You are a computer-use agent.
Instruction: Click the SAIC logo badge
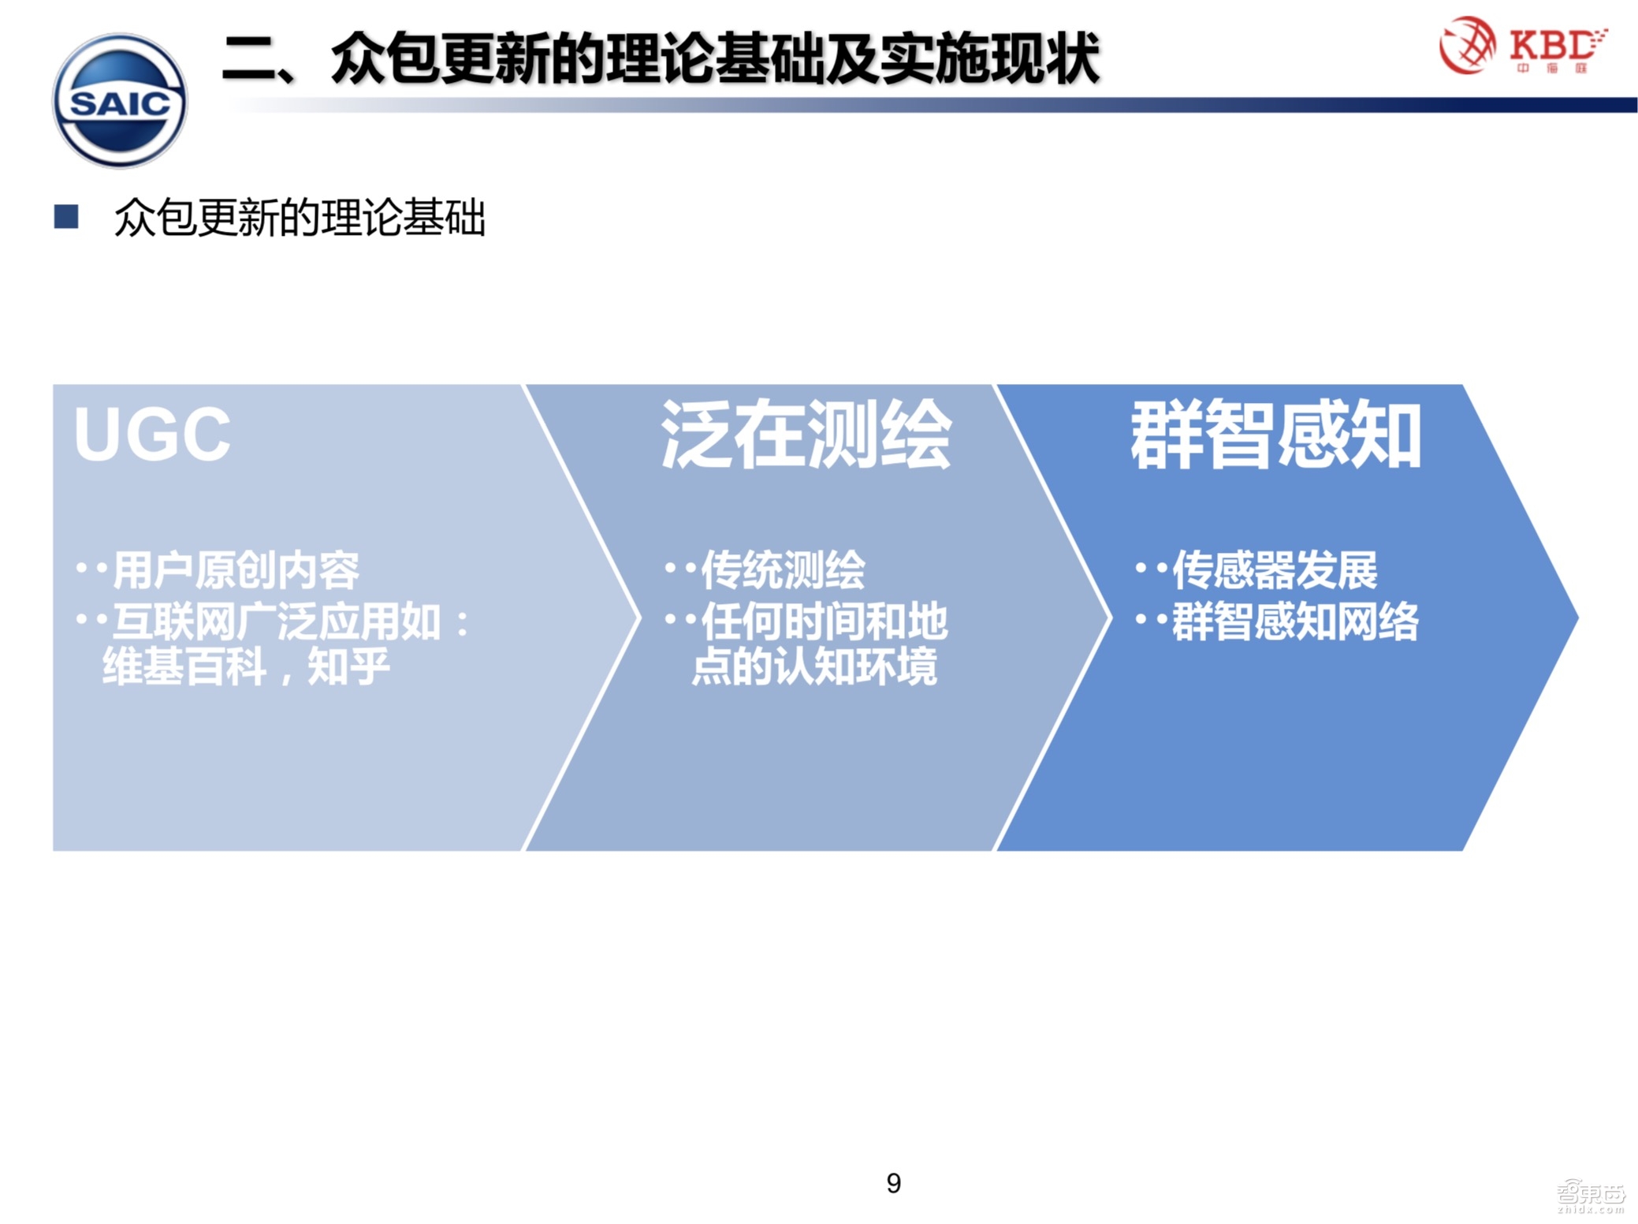[x=120, y=100]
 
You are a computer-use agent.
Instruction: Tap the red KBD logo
[x=1522, y=46]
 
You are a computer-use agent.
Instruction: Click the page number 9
[x=893, y=1182]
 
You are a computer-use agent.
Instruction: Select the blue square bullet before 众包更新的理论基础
[x=66, y=217]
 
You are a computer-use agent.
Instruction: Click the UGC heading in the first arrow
[x=152, y=434]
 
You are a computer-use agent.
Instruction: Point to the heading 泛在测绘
[x=806, y=435]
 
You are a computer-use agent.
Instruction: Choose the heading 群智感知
[x=1275, y=435]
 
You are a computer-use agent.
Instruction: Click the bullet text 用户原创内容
[x=236, y=570]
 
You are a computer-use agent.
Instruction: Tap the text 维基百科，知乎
[x=246, y=666]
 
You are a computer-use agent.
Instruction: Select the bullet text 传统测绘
[x=783, y=570]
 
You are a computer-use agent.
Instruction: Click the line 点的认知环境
[x=814, y=666]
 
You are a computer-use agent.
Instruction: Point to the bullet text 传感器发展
[x=1275, y=570]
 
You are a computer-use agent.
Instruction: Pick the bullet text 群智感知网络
[x=1295, y=621]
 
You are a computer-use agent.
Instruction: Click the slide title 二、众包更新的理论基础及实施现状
[x=661, y=58]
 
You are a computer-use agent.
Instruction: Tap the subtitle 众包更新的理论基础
[x=300, y=218]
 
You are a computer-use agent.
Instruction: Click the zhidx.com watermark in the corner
[x=1591, y=1198]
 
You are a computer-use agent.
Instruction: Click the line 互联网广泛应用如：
[x=291, y=621]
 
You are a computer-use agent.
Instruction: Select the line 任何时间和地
[x=824, y=621]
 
